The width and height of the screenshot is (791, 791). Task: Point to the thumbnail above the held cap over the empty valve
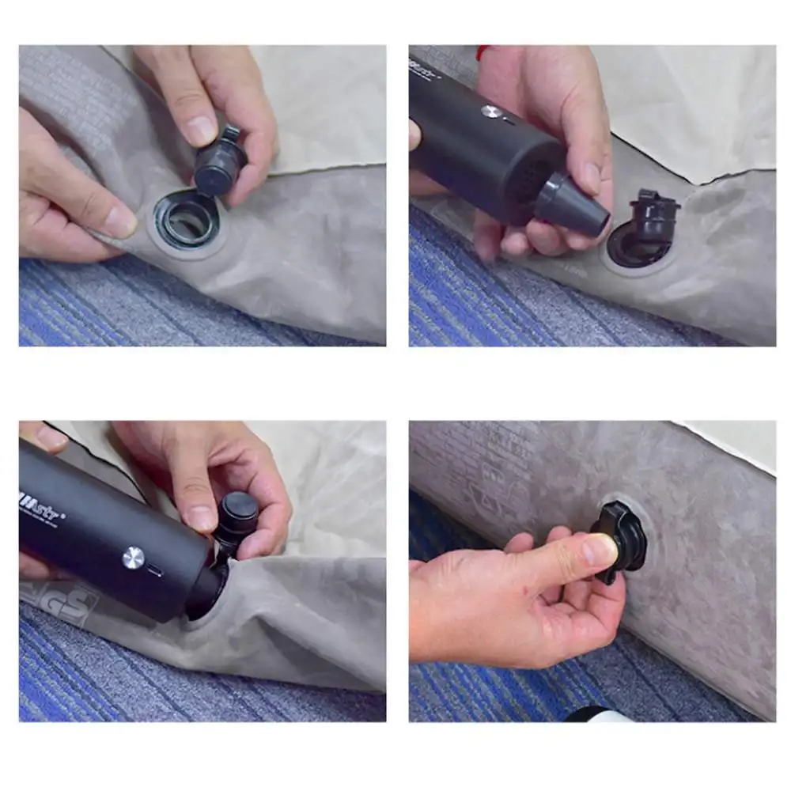point(201,130)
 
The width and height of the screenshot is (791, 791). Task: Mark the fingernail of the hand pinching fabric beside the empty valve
point(120,222)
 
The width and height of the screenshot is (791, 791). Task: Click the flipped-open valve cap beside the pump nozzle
point(654,218)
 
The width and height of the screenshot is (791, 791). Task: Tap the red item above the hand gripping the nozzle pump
point(480,52)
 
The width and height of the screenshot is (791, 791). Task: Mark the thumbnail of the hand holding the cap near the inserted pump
point(200,518)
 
